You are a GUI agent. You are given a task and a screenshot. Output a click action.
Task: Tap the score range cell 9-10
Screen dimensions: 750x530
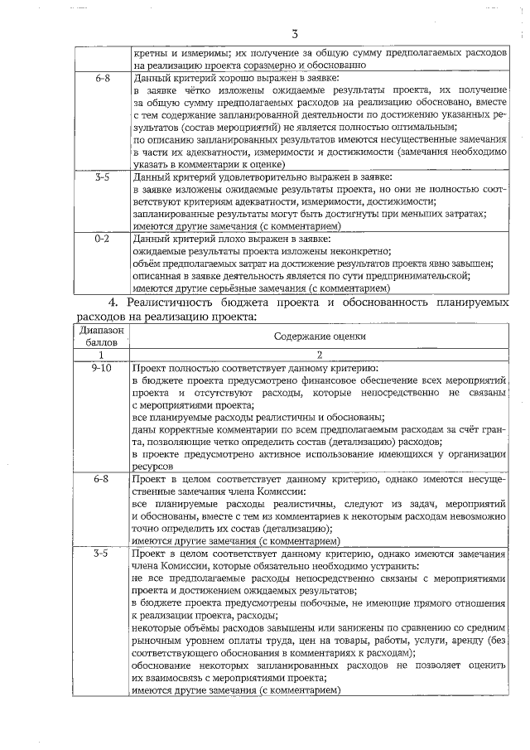(x=102, y=367)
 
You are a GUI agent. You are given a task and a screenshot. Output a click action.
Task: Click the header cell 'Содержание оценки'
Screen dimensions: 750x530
(x=320, y=336)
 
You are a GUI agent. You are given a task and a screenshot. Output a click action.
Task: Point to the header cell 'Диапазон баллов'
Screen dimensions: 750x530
(x=102, y=336)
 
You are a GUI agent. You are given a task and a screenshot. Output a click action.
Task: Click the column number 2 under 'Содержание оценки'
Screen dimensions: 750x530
(x=320, y=354)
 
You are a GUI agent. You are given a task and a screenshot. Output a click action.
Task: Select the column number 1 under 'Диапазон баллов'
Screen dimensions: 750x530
(x=102, y=354)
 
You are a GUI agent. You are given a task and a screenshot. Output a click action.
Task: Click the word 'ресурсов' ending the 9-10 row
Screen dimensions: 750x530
(x=152, y=467)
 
